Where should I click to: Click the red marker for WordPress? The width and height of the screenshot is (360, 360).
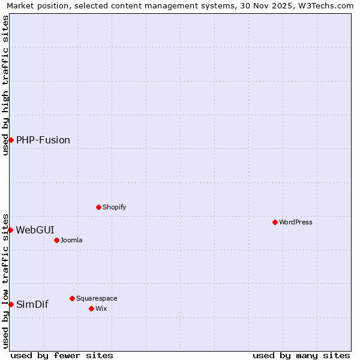click(x=275, y=222)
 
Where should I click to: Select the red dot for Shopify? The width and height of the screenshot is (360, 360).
click(x=98, y=207)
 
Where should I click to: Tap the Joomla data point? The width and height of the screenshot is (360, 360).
click(x=56, y=240)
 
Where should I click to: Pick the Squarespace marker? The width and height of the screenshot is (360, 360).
click(x=72, y=298)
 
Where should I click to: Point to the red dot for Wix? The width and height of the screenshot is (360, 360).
click(x=91, y=308)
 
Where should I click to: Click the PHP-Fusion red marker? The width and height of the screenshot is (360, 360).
click(x=11, y=140)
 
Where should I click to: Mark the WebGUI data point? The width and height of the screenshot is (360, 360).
click(x=10, y=230)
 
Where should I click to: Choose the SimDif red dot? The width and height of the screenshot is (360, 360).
click(x=11, y=304)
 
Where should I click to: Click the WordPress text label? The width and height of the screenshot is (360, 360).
click(x=296, y=222)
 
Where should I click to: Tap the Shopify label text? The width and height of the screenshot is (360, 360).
click(x=114, y=207)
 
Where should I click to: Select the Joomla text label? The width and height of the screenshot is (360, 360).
click(x=71, y=240)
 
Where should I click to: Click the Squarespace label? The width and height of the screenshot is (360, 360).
click(x=97, y=298)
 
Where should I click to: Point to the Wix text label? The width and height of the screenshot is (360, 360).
click(x=101, y=308)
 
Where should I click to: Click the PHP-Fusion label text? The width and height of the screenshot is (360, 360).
click(x=43, y=140)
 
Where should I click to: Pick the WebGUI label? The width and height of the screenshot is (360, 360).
click(x=35, y=230)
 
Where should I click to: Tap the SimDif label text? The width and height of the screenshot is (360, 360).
click(x=32, y=304)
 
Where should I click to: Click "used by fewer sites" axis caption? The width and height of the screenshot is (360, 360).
click(x=62, y=355)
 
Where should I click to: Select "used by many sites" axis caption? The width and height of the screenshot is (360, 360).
click(x=301, y=355)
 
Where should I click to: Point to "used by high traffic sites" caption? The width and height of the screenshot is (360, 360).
click(x=5, y=85)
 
